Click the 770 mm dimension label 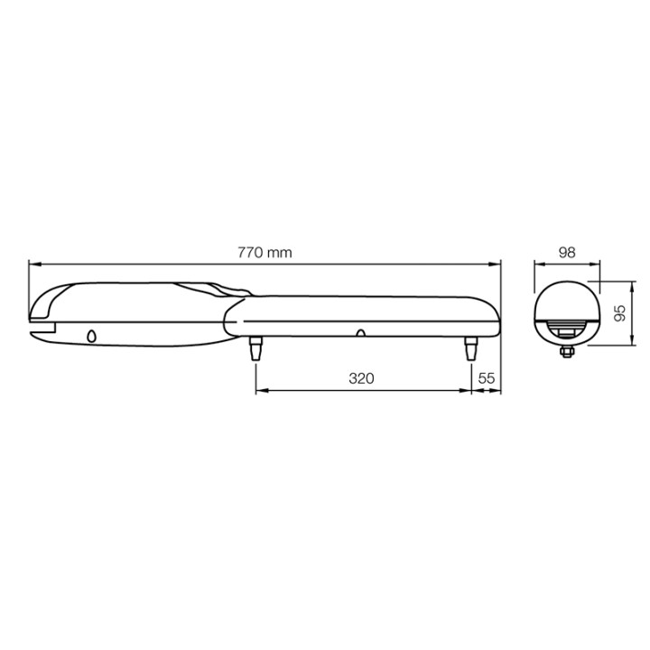(x=265, y=253)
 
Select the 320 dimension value (x=361, y=378)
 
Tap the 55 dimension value (x=486, y=378)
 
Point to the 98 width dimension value (x=567, y=253)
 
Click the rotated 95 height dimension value (x=619, y=314)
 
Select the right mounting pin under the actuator (x=470, y=348)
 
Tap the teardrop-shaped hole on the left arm (x=91, y=336)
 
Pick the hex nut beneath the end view (x=567, y=352)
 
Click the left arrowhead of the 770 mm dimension (x=33, y=265)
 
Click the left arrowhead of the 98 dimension (x=538, y=265)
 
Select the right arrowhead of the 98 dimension (x=595, y=265)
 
